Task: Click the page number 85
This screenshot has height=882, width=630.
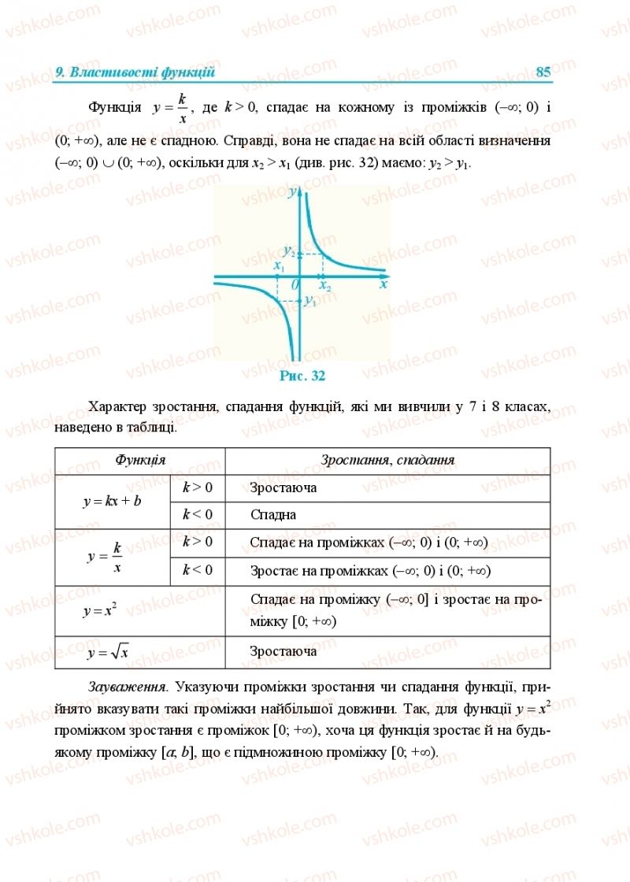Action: pos(543,72)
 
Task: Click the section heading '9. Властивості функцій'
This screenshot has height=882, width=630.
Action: pos(135,72)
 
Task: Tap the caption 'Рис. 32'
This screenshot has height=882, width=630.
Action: pos(302,376)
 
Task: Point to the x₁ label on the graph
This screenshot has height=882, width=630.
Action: pos(277,267)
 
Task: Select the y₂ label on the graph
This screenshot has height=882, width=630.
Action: pos(290,252)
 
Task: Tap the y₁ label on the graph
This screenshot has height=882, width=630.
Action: pos(309,301)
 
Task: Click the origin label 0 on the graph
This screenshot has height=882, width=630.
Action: pos(295,284)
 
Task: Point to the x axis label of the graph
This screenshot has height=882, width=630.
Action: pos(384,285)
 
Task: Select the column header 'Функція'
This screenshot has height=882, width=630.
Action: pos(140,460)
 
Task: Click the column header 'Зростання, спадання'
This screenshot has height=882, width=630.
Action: pos(387,460)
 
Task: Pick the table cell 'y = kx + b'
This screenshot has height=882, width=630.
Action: pos(112,502)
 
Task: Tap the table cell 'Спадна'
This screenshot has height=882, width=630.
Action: pos(272,515)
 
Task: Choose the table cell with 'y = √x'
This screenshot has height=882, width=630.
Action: pos(109,652)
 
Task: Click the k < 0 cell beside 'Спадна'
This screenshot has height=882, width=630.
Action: pos(198,515)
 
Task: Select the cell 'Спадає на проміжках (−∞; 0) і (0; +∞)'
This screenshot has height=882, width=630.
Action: pos(369,543)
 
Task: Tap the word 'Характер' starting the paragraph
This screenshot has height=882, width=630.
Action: pos(118,407)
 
